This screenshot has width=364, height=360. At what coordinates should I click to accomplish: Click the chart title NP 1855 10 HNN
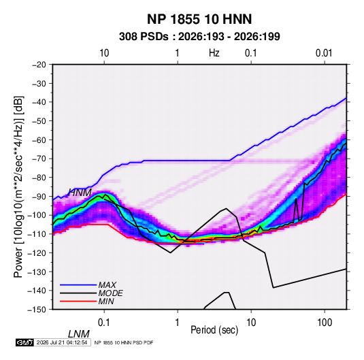pos(199,19)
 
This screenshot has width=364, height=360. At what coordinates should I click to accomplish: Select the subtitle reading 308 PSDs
pos(144,37)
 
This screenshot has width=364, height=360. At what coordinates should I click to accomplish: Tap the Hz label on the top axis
pos(214,53)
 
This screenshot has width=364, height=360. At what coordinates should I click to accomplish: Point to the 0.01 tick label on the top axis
pos(324,53)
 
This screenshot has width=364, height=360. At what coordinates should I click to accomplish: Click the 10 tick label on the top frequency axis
pos(104,53)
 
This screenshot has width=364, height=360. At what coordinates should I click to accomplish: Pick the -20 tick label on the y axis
pos(39,65)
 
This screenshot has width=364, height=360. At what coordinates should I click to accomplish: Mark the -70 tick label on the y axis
pos(39,159)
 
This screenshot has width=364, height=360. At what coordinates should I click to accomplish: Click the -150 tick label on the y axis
pos(37,310)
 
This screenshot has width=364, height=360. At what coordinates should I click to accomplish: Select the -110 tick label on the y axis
pos(37,234)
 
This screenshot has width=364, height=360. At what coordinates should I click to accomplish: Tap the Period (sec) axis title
pos(214,330)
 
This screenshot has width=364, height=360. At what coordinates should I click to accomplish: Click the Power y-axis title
pos(18,187)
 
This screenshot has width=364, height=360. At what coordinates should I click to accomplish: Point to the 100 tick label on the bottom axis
pos(325,323)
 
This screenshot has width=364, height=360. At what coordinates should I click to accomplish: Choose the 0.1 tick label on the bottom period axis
pos(104,323)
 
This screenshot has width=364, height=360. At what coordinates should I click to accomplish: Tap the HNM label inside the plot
pos(80,193)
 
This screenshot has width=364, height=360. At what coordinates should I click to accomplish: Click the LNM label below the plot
pos(79,334)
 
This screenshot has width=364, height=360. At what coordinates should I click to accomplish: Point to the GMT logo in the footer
pos(24,342)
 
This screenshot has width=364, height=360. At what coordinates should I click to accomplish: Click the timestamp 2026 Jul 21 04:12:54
pos(62,342)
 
